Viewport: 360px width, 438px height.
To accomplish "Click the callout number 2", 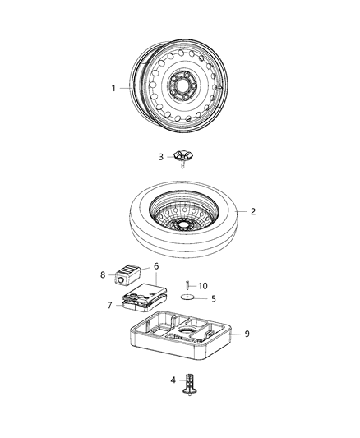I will pyautogui.click(x=252, y=212).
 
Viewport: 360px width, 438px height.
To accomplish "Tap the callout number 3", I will pyautogui.click(x=161, y=156).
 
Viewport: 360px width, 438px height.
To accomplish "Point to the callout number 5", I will pyautogui.click(x=214, y=298).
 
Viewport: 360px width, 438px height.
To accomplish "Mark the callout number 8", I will pyautogui.click(x=103, y=275).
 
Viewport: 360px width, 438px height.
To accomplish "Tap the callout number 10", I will pyautogui.click(x=204, y=285).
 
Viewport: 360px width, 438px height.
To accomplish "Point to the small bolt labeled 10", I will pyautogui.click(x=187, y=285).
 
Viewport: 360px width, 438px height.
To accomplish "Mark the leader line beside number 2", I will pyautogui.click(x=242, y=212).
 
